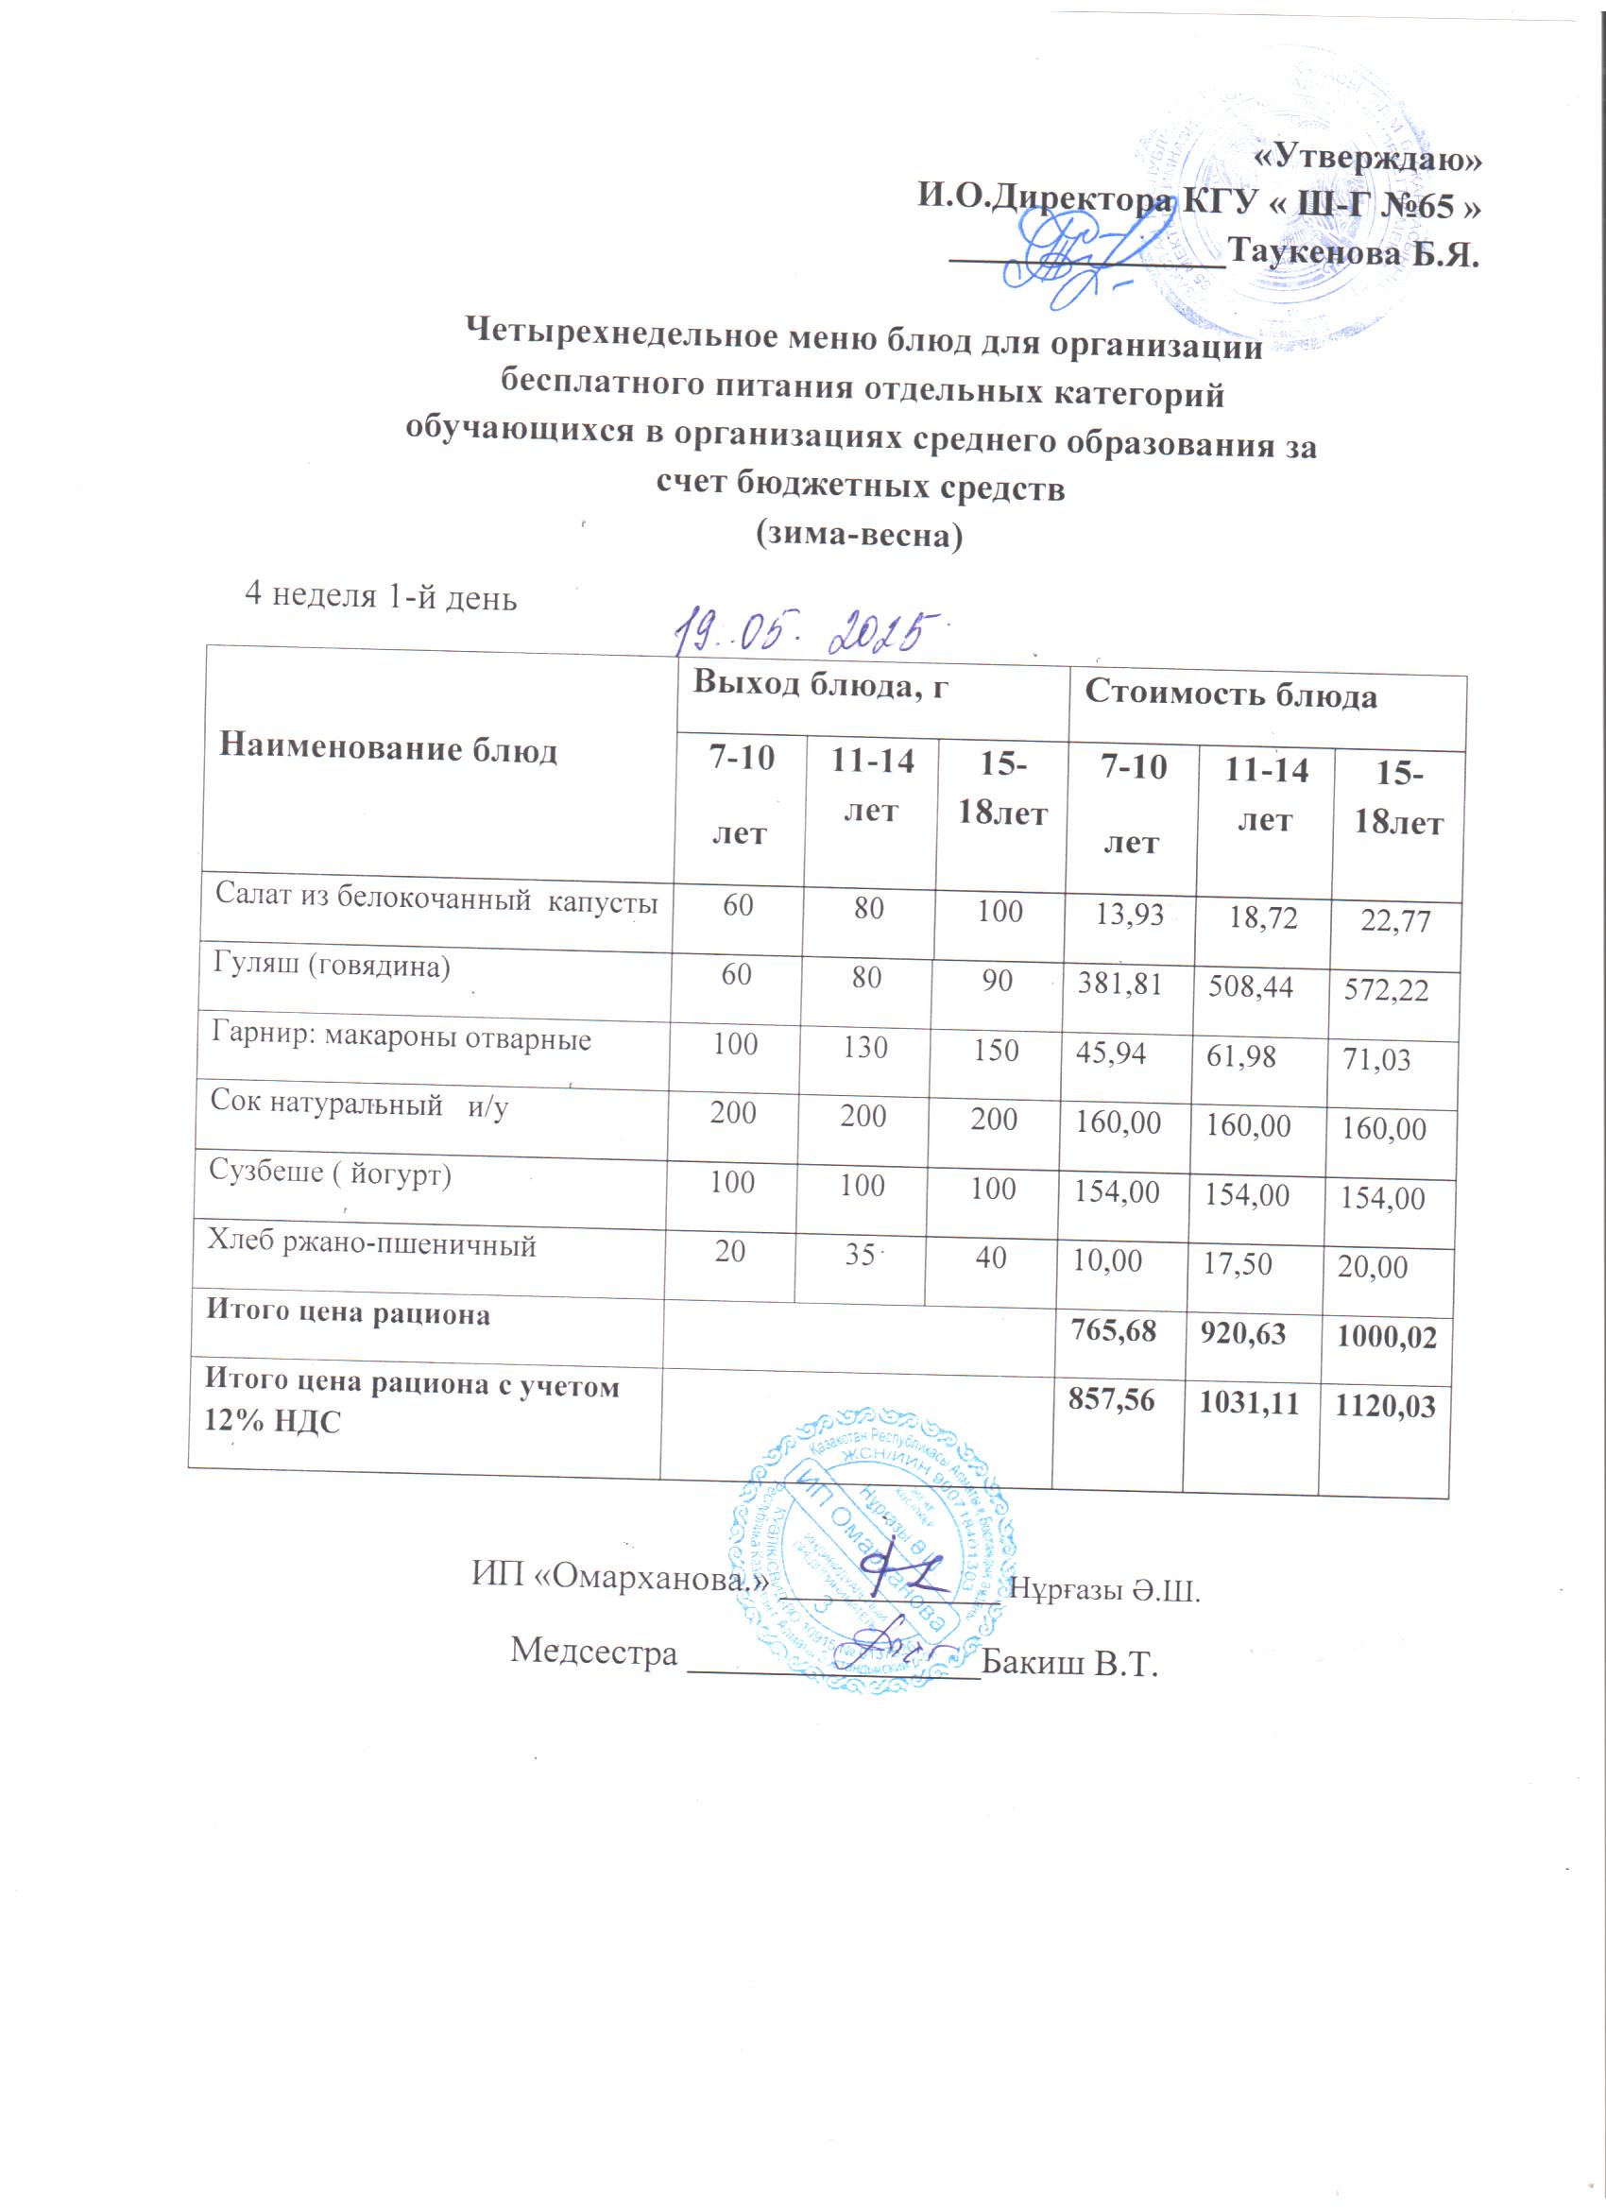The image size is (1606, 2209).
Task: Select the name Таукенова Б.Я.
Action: [x=1354, y=253]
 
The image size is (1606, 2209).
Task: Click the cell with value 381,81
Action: [x=1119, y=984]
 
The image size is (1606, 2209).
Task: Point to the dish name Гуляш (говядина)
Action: [x=332, y=966]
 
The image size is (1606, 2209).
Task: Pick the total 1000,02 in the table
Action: [x=1386, y=1336]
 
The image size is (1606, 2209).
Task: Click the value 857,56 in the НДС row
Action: [x=1111, y=1400]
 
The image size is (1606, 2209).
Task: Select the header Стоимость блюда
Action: [x=1231, y=694]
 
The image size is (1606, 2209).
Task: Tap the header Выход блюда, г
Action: [x=820, y=684]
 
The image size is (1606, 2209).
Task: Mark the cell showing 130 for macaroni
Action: [x=864, y=1047]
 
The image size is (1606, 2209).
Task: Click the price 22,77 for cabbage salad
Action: [x=1395, y=920]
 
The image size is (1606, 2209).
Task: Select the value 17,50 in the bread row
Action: [x=1238, y=1264]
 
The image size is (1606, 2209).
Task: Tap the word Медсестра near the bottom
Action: [x=594, y=1651]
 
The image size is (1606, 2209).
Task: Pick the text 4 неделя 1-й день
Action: [x=381, y=595]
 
